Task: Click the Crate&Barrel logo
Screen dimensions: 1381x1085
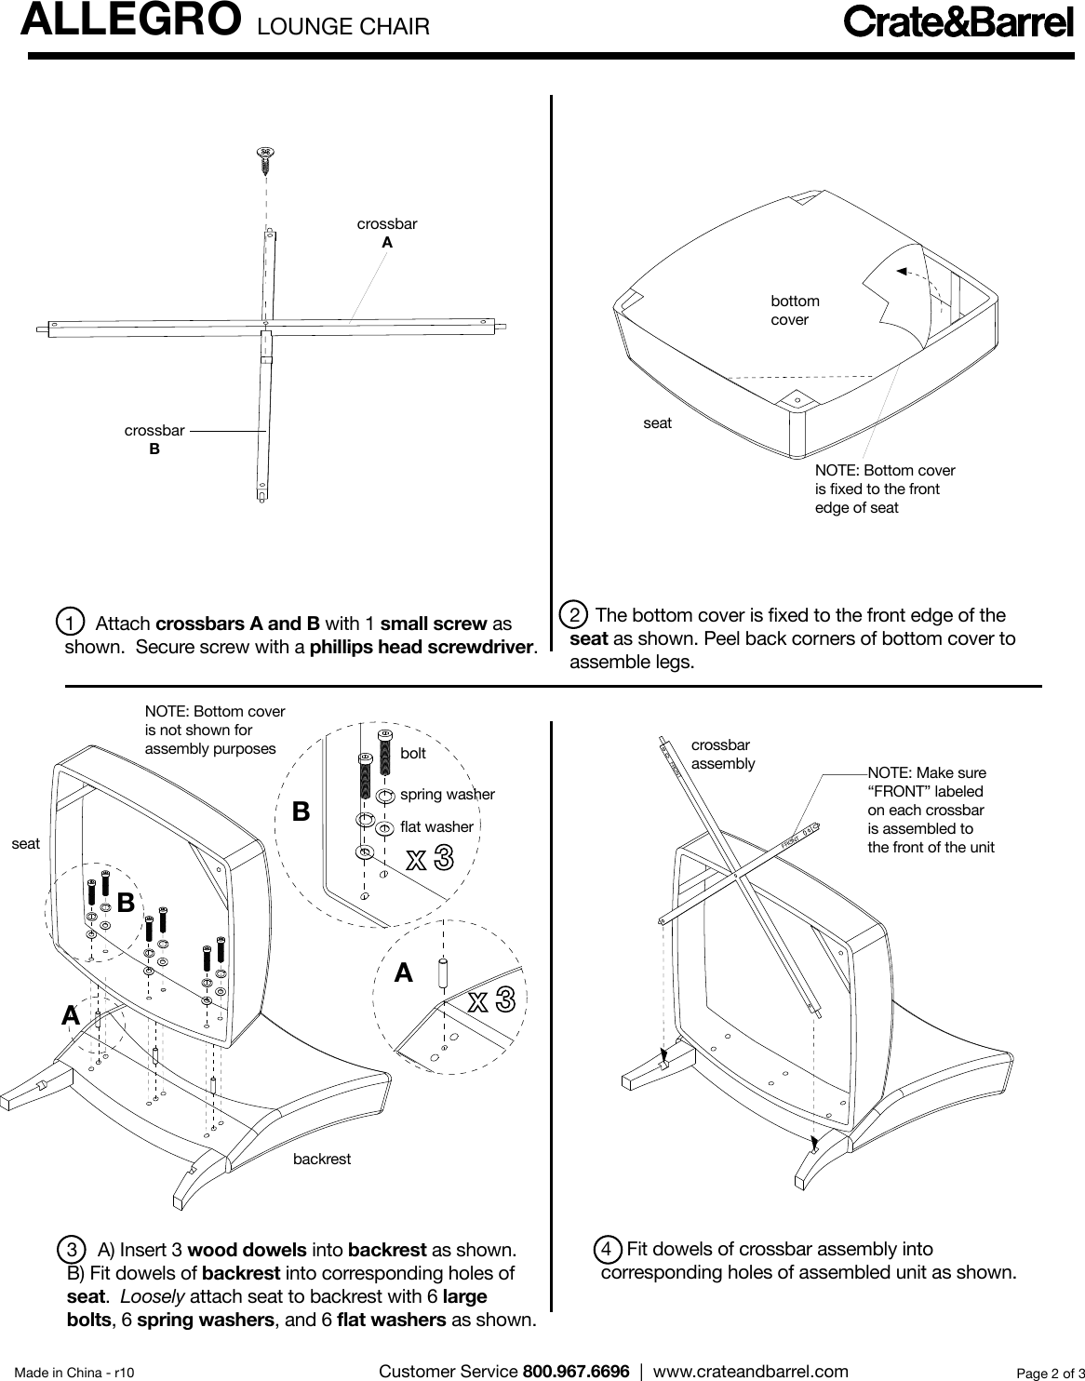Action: tap(958, 22)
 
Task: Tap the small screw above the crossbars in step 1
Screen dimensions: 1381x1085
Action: tap(265, 158)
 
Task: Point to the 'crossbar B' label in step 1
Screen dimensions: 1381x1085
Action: tap(154, 439)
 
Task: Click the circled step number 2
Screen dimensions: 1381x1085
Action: tap(576, 615)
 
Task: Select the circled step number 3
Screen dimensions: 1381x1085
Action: tap(71, 1248)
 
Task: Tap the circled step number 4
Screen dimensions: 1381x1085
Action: tap(607, 1248)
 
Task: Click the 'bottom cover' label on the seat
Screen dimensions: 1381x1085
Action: tap(795, 310)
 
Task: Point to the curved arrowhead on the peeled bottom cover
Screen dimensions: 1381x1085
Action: tap(900, 271)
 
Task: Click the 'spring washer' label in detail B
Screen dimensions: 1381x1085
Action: tap(447, 795)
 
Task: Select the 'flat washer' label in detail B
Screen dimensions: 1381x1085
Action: tap(436, 826)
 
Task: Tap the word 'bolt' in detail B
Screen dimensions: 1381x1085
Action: tap(412, 753)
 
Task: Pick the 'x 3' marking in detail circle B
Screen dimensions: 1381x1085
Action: tap(430, 858)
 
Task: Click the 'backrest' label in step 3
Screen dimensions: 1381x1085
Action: tap(322, 1160)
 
